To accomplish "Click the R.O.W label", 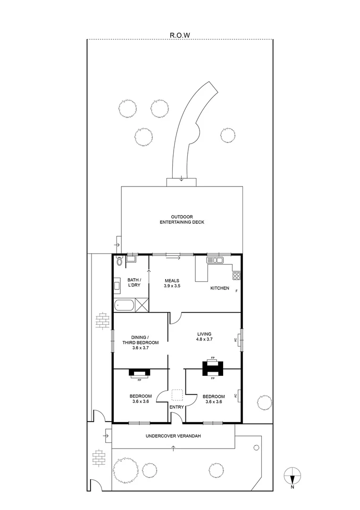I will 180,34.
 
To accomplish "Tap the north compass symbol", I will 293,475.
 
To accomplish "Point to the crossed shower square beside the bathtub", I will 142,305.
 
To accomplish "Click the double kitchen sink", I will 215,260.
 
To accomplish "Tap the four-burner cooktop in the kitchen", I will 236,276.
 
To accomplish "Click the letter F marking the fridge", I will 236,290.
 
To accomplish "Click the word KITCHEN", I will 220,288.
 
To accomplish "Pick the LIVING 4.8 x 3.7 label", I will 204,337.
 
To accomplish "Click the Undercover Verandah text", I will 174,436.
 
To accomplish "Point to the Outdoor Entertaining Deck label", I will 182,219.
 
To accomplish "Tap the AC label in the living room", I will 235,339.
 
